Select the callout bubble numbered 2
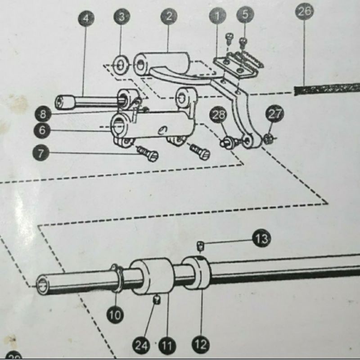[x=169, y=17]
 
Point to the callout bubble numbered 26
[x=305, y=11]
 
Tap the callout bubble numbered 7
[x=41, y=153]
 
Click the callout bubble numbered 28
[x=220, y=116]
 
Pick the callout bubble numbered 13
[x=261, y=238]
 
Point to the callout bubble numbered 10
[x=115, y=315]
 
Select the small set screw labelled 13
[x=201, y=245]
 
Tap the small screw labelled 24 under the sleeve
[x=157, y=299]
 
